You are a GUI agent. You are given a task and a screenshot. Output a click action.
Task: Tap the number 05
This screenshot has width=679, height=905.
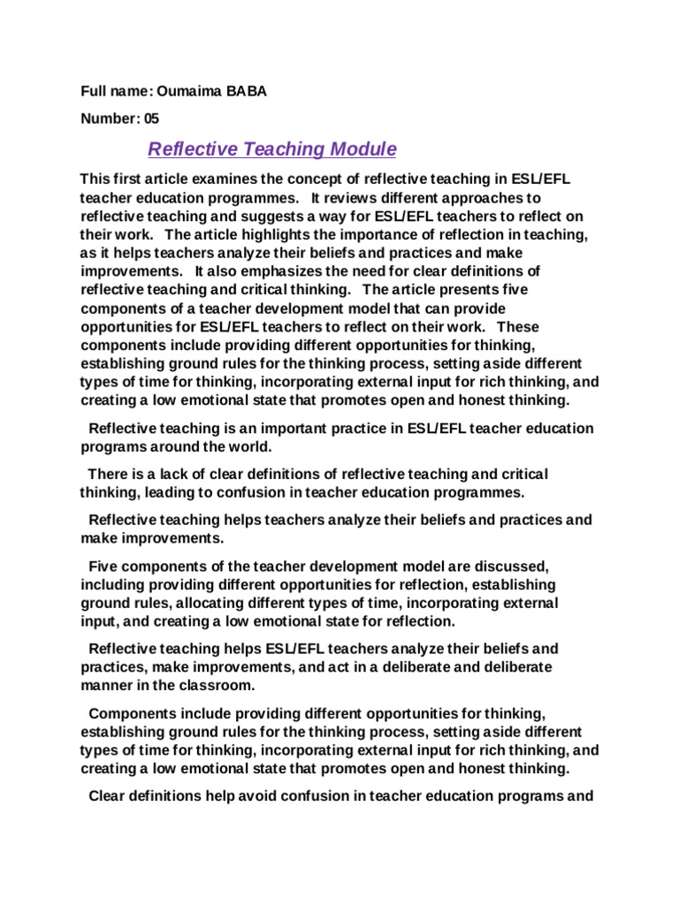coord(150,118)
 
